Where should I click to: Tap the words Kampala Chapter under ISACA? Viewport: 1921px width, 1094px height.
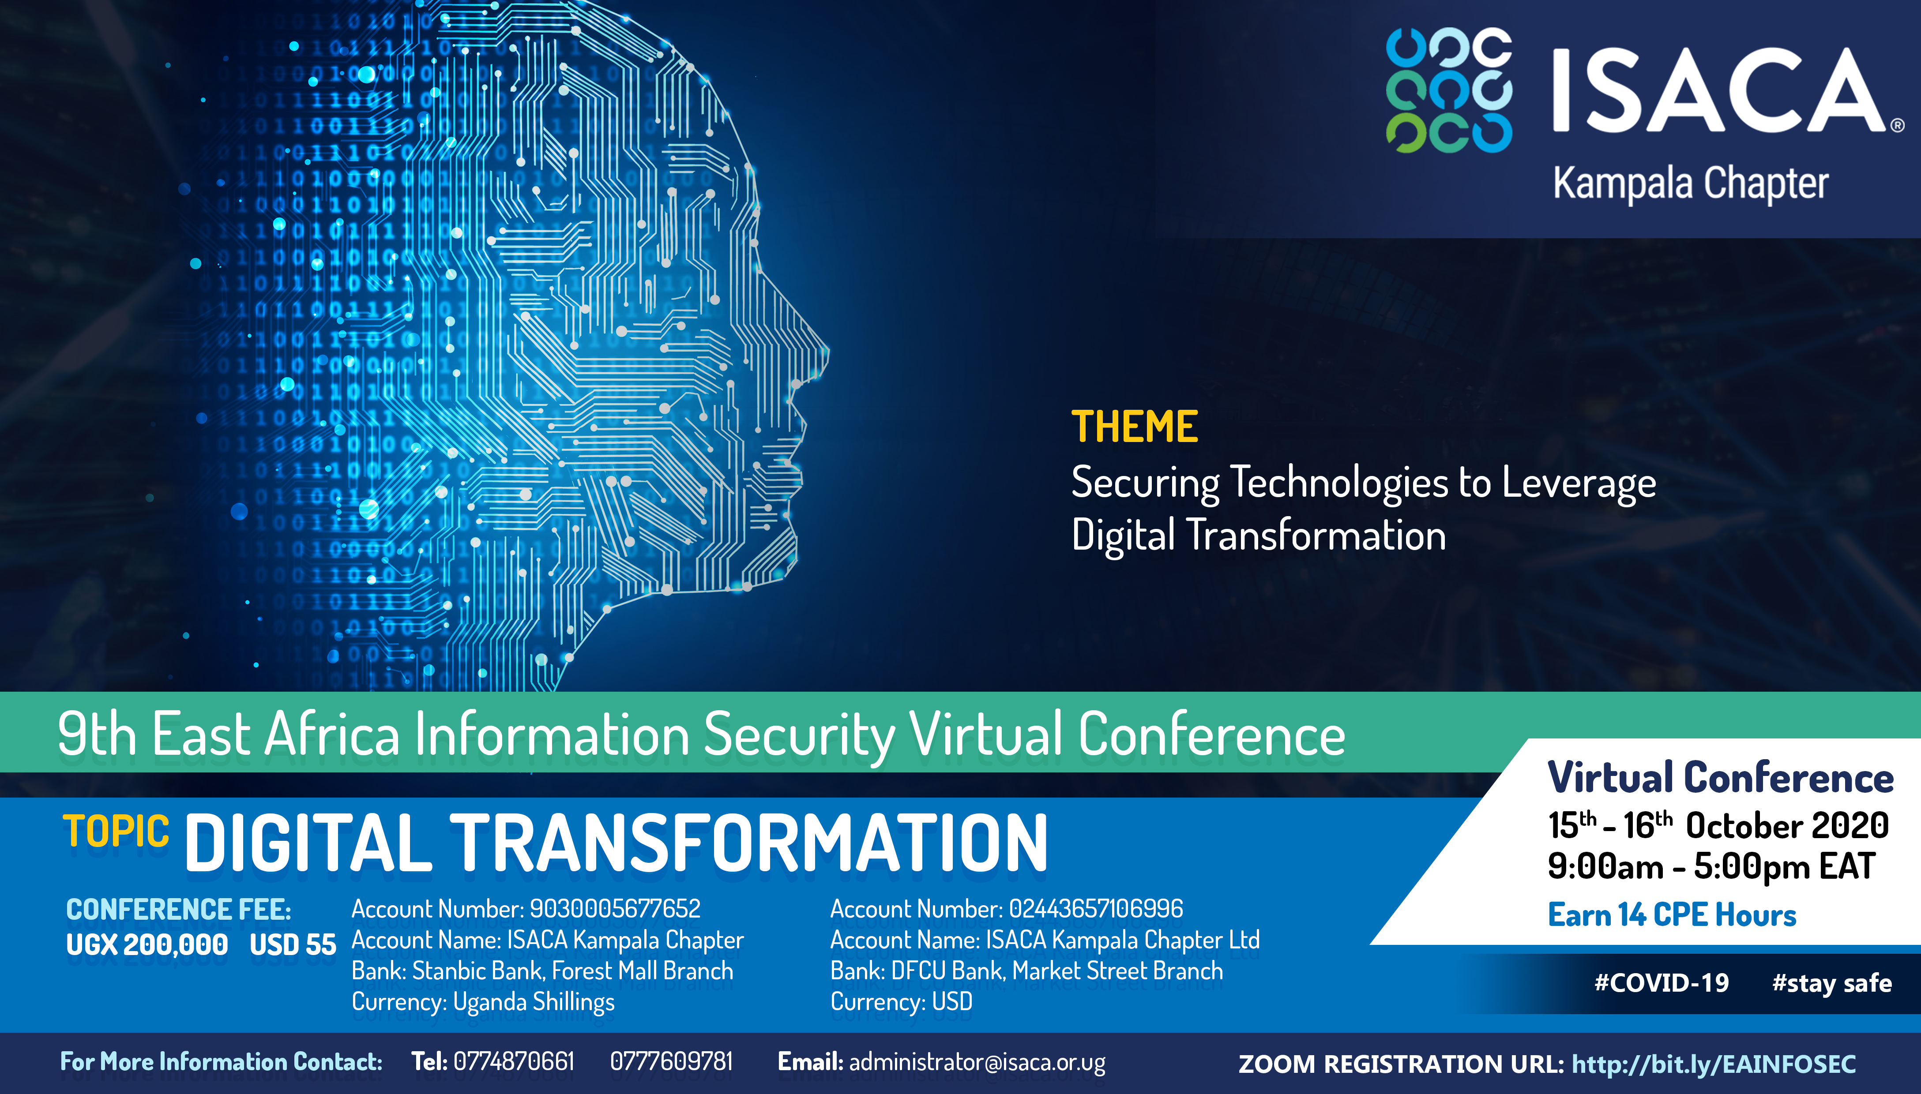1690,184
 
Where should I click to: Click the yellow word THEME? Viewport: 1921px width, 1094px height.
1134,427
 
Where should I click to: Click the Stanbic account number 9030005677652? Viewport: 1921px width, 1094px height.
615,909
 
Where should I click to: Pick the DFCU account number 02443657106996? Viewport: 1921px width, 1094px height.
1096,909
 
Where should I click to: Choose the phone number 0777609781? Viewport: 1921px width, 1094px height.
671,1062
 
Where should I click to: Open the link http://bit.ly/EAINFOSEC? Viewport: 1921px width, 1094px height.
1714,1064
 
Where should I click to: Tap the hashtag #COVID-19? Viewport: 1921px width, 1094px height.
1662,983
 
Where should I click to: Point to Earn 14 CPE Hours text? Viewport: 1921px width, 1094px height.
1672,915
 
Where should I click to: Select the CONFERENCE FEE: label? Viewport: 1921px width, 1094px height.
179,910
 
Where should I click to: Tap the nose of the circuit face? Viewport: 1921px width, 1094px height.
816,353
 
